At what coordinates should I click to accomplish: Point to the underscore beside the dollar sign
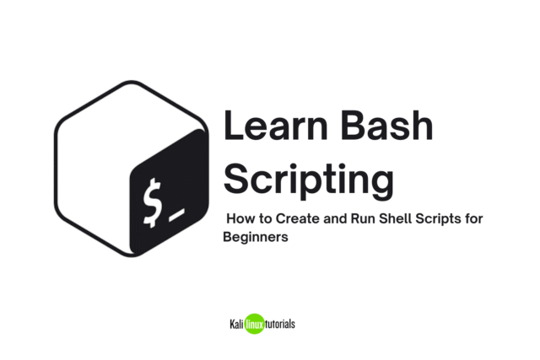coord(175,221)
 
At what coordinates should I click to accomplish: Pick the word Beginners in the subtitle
coord(256,238)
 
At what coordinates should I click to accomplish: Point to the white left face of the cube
coord(89,177)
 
